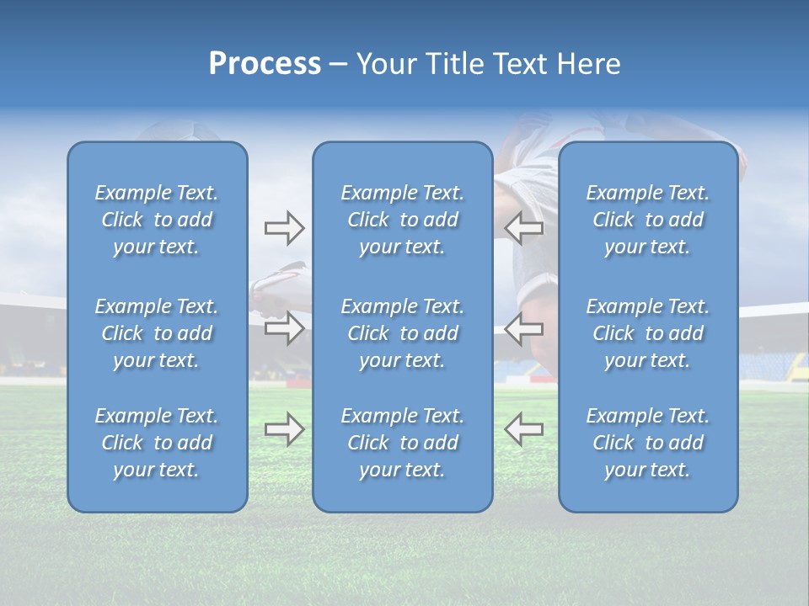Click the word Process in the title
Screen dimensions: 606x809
pyautogui.click(x=265, y=64)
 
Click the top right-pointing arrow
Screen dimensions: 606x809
pyautogui.click(x=284, y=227)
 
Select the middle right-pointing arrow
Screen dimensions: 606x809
pyautogui.click(x=284, y=328)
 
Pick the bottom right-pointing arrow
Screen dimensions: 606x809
pyautogui.click(x=284, y=429)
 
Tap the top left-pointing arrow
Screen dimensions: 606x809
pyautogui.click(x=524, y=227)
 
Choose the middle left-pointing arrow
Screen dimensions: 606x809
pyautogui.click(x=524, y=328)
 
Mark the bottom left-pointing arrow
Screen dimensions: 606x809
pyautogui.click(x=524, y=429)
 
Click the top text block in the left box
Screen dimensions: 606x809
pyautogui.click(x=157, y=220)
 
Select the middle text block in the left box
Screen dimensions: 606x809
pyautogui.click(x=157, y=333)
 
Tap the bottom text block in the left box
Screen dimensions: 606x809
pyautogui.click(x=157, y=443)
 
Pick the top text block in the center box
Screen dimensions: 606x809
pyautogui.click(x=402, y=220)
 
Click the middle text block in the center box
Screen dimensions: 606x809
pyautogui.click(x=402, y=333)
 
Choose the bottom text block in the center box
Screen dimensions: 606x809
pyautogui.click(x=402, y=443)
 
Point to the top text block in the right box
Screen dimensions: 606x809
pyautogui.click(x=647, y=220)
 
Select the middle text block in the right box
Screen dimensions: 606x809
pyautogui.click(x=647, y=333)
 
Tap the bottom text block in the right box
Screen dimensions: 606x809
pyautogui.click(x=647, y=443)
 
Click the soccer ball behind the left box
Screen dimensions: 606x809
pyautogui.click(x=185, y=132)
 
